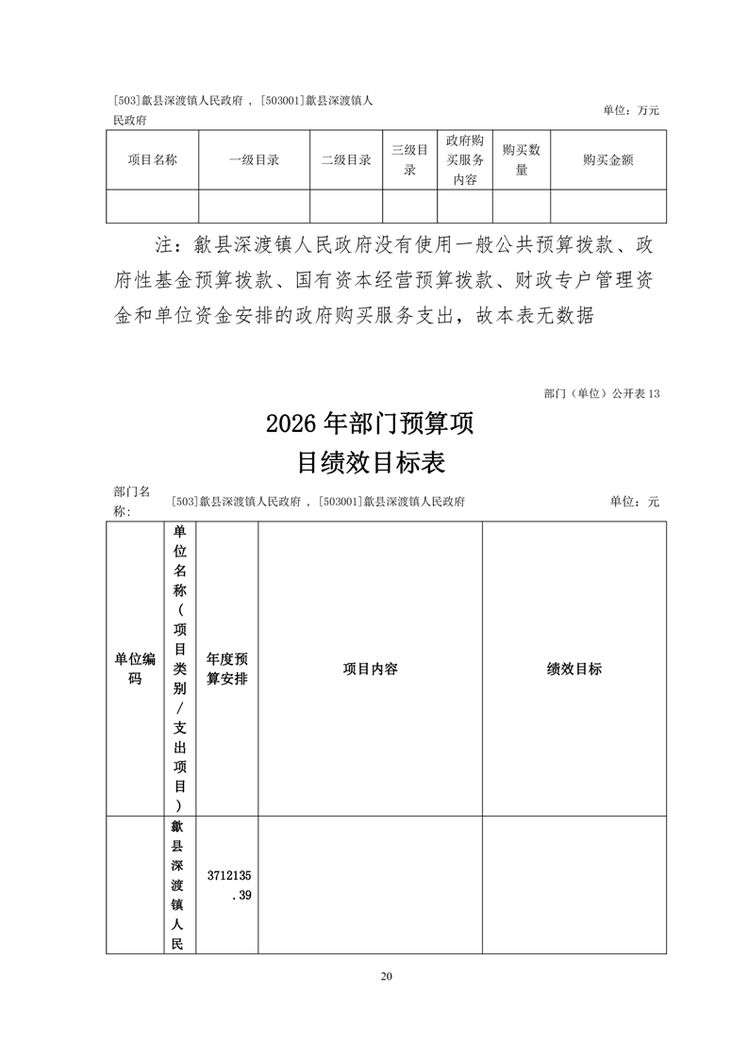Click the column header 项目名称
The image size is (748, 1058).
152,160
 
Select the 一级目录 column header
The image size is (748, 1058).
254,160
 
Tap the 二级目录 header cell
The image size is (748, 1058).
345,160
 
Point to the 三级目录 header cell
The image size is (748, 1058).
409,160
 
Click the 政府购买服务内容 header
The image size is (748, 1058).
464,160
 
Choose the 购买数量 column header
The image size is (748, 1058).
521,160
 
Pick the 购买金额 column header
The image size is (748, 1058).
607,160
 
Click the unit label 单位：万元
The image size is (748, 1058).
631,110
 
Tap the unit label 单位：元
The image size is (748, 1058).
634,502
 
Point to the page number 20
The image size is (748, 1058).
386,976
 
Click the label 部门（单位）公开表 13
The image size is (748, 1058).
602,392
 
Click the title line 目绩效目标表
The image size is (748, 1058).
370,463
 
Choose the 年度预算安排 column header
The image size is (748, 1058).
226,669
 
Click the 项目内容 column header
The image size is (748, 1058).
370,669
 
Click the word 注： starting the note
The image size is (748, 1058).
173,247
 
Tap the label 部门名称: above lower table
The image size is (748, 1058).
131,501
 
